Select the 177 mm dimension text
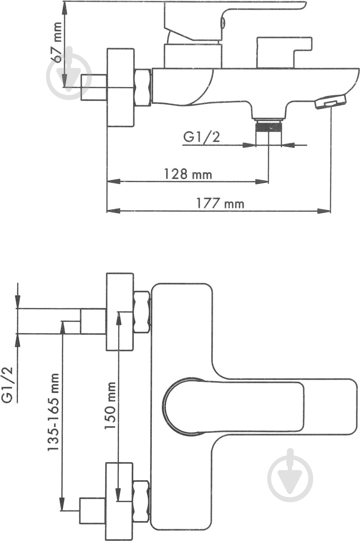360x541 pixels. point(220,203)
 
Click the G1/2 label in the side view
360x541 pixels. point(201,137)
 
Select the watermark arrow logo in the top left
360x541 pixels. point(69,74)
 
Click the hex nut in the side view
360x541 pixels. point(143,87)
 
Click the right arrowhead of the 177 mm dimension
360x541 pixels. point(325,211)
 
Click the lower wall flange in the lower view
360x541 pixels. point(120,500)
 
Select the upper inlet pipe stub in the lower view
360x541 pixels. point(93,321)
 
